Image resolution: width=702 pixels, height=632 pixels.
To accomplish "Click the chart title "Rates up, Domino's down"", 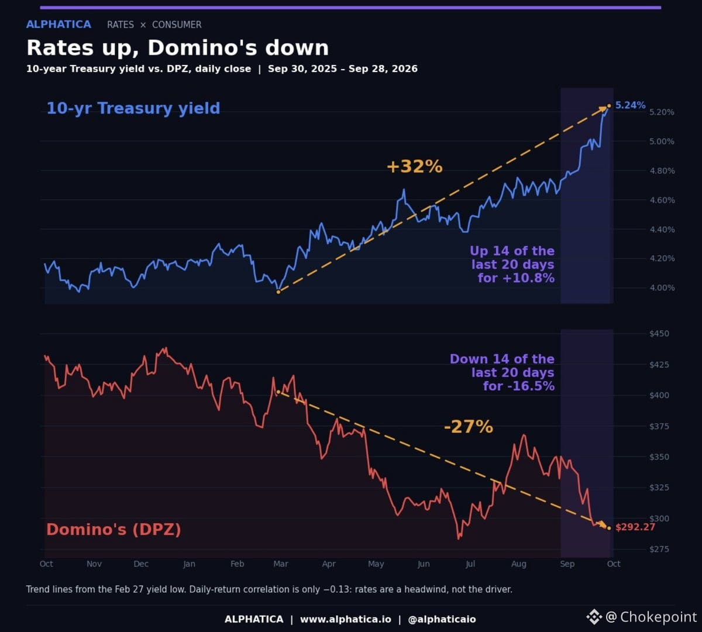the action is pos(178,47).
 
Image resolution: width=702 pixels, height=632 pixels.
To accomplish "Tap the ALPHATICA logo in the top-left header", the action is pos(58,25).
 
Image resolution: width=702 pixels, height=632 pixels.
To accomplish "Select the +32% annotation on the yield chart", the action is pos(415,166).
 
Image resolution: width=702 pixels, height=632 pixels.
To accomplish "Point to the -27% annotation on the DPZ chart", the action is pos(469,427).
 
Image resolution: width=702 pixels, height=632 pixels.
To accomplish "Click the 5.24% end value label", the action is pos(630,105).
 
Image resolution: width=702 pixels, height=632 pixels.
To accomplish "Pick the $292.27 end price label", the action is pos(635,527).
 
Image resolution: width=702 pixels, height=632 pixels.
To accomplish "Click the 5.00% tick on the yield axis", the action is pos(662,142).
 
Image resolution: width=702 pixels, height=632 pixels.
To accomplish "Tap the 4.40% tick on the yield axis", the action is pos(662,230).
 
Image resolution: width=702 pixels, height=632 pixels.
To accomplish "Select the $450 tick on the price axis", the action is pos(659,334).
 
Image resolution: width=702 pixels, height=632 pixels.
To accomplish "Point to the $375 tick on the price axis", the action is pos(659,426).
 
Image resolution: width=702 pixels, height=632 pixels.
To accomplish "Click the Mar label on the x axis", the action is pos(281,564).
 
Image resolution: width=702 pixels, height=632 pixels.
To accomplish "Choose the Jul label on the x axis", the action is pos(470,564).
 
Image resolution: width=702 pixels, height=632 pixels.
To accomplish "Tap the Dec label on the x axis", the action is pos(141,564).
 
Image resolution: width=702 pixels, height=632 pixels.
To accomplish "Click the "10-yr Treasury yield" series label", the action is pos(133,108).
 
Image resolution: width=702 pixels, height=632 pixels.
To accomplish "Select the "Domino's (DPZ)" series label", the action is pos(113,529).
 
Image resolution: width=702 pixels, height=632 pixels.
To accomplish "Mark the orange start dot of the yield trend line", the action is pos(278,292).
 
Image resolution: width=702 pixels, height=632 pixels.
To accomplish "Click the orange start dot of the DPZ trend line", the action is pos(278,393).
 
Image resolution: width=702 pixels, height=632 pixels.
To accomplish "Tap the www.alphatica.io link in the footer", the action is pos(345,619).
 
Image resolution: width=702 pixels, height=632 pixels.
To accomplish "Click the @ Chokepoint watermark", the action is pos(642,617).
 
